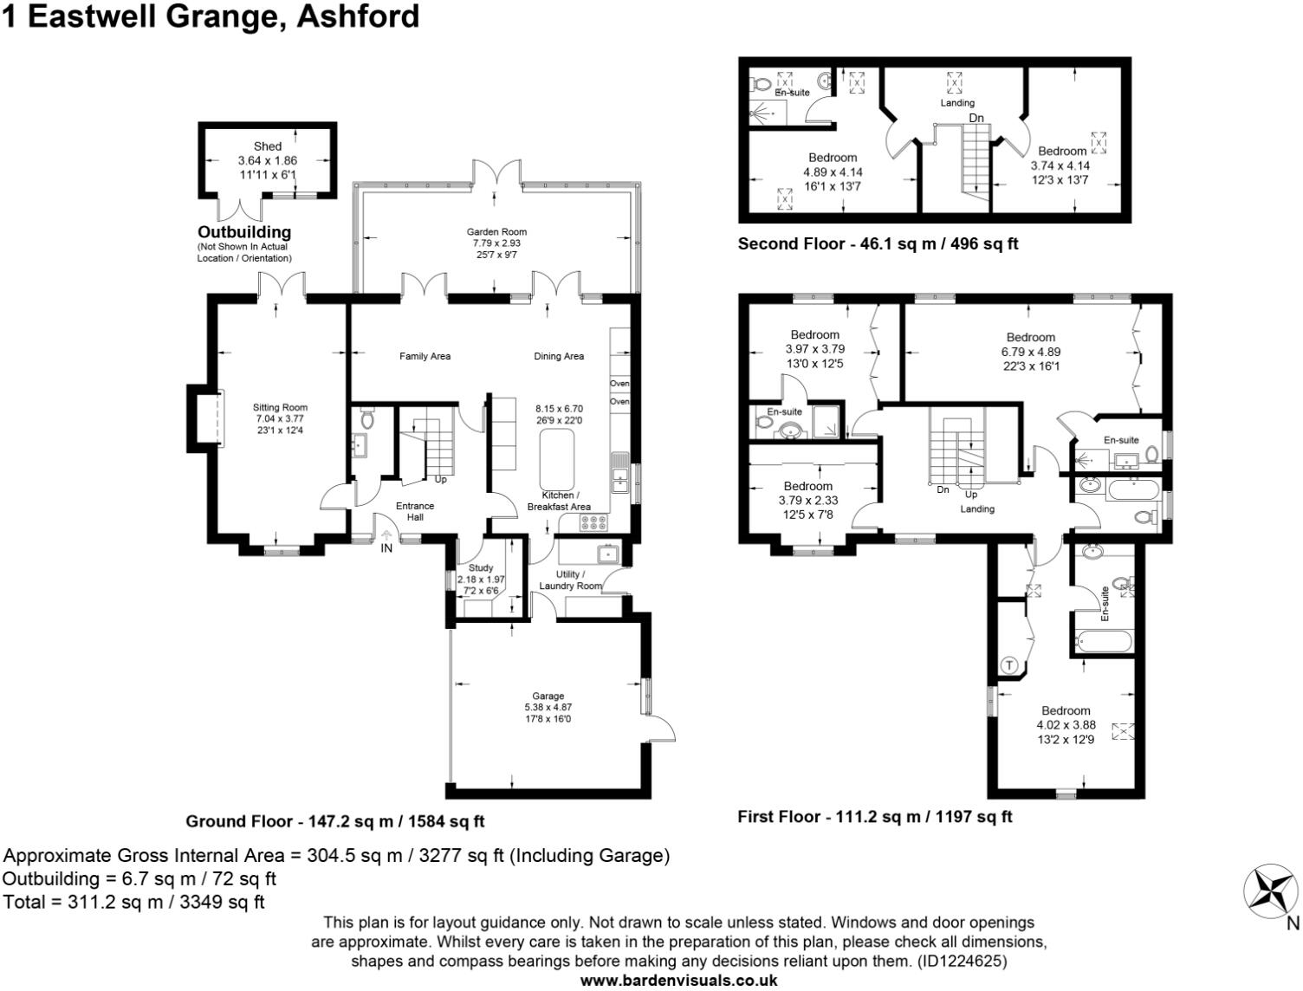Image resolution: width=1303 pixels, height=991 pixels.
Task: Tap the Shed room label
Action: point(268,146)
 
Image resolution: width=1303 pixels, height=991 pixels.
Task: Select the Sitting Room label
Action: point(280,407)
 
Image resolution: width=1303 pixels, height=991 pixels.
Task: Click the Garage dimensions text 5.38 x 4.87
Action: point(548,707)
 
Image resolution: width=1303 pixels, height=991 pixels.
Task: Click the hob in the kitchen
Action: point(593,522)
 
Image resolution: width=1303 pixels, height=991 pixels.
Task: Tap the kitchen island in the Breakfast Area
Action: point(556,459)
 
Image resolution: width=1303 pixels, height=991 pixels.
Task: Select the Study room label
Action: point(480,568)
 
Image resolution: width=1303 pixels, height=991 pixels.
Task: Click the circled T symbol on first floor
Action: point(1009,665)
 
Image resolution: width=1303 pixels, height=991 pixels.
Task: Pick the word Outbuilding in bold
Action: point(244,232)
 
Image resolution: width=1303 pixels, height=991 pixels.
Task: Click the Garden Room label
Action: point(496,231)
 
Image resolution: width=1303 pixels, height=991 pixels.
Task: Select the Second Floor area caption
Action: point(878,244)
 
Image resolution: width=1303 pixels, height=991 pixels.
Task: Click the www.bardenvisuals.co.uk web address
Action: point(678,981)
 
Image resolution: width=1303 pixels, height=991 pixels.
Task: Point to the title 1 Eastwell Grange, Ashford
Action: point(211,16)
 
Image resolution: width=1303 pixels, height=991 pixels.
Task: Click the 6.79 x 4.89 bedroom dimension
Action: point(1030,352)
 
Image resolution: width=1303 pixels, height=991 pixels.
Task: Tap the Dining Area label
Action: point(559,356)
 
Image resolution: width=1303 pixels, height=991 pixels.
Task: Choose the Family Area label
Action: point(425,356)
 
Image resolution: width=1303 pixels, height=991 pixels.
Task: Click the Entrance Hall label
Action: point(415,511)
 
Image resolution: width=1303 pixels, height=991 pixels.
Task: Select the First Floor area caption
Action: point(874,816)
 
